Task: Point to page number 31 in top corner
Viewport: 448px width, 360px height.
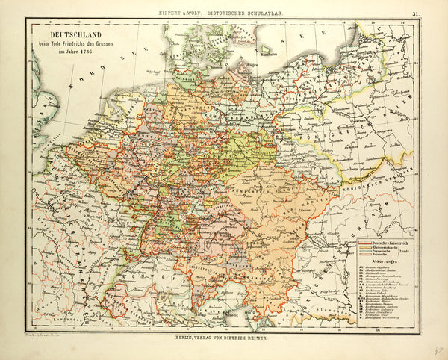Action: coord(414,13)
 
